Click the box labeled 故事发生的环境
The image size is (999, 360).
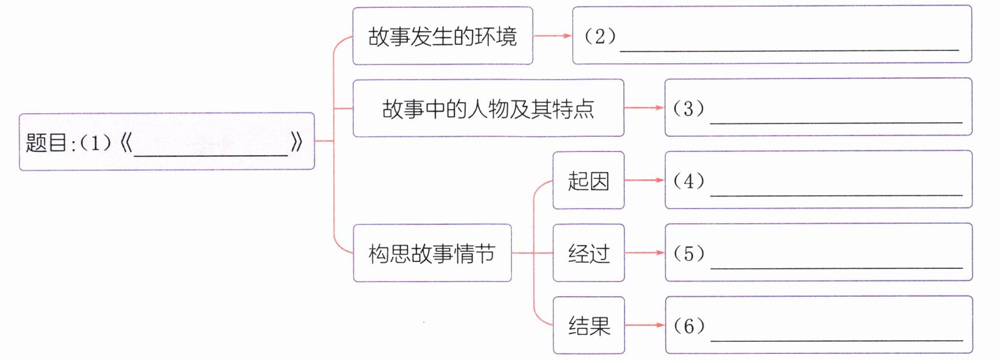point(442,36)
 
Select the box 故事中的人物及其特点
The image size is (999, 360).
point(488,108)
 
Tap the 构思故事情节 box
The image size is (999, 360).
point(432,253)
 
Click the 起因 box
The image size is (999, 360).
point(588,181)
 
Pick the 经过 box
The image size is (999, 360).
point(588,253)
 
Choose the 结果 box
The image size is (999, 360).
point(588,325)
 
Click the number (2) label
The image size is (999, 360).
point(600,36)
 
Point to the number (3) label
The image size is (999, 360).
point(688,109)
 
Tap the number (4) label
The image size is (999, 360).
point(688,181)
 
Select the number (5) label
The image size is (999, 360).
point(688,254)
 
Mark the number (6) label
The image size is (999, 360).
point(688,326)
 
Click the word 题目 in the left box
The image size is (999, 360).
point(46,143)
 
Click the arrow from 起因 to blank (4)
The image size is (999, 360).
point(645,181)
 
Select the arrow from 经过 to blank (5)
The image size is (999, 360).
point(645,253)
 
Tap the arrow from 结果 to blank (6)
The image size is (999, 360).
point(645,325)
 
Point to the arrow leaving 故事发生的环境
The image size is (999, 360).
point(553,36)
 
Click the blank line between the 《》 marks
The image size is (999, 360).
point(210,155)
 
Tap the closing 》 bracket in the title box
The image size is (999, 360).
point(297,143)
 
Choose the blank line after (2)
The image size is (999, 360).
point(789,49)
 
